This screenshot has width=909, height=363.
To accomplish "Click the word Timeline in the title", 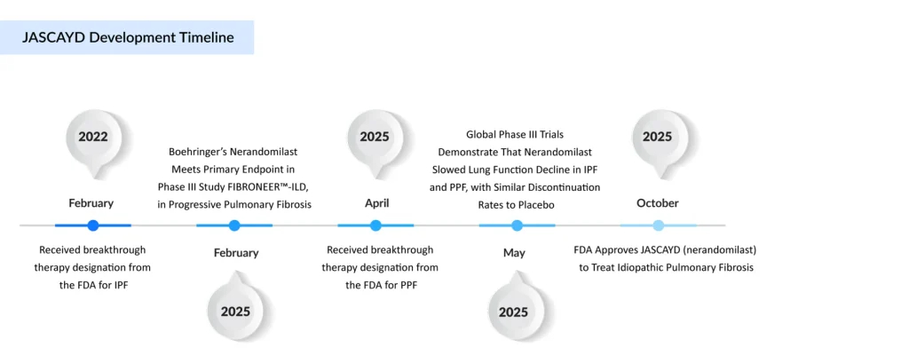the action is pos(205,37).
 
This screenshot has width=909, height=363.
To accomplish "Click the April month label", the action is pos(376,203).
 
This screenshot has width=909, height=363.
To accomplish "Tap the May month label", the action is pos(514,253).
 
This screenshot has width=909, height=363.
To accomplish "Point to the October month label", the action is pos(658,203).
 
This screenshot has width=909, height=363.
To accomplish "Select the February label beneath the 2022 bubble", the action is pos(91,203).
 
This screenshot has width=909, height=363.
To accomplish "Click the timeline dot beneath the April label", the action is pos(375,225).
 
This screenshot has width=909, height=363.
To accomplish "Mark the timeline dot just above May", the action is pos(518,225).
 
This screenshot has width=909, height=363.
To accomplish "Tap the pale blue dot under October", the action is pos(658,225).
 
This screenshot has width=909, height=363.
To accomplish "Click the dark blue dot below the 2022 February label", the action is pos(92,225).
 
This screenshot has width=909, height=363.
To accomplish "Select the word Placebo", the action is pos(541,205).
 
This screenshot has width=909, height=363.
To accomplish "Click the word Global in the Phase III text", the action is pos(480,135).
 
